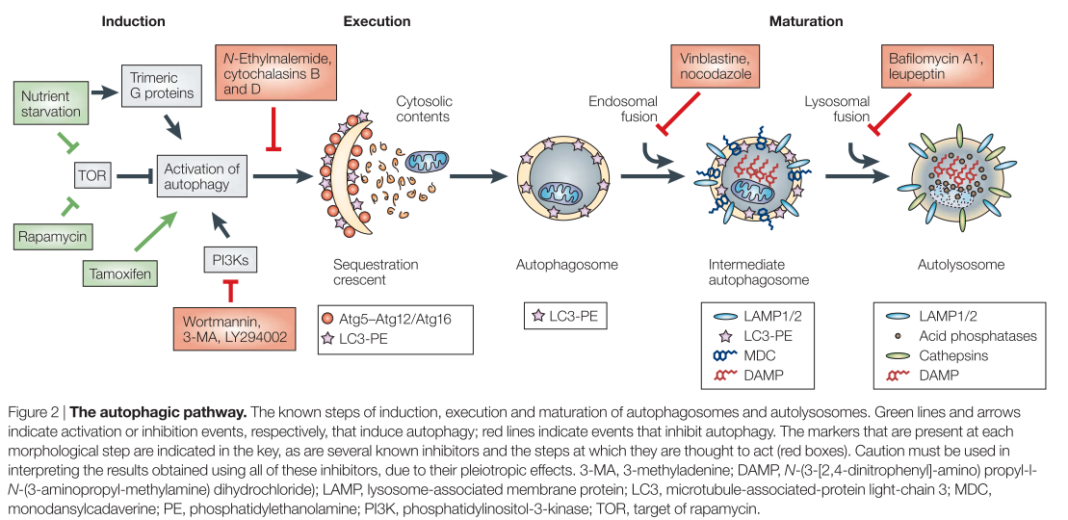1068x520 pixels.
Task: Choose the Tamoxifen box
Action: pyautogui.click(x=119, y=273)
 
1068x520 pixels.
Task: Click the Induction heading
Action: pyautogui.click(x=133, y=21)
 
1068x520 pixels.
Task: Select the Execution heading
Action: pyautogui.click(x=377, y=21)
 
